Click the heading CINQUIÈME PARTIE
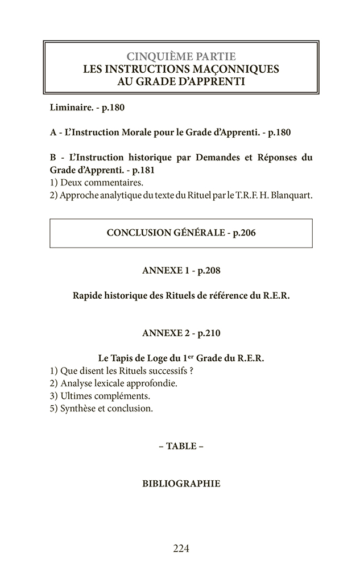[181, 57]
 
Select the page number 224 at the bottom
[181, 549]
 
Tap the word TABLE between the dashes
[181, 446]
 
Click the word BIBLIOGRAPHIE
[181, 484]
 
